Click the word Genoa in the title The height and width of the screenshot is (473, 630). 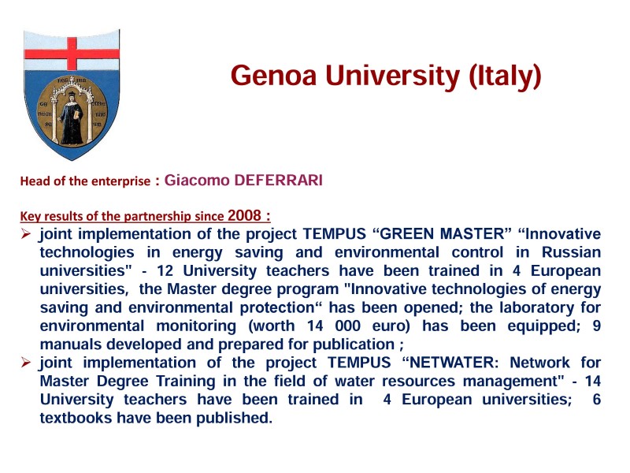tap(273, 75)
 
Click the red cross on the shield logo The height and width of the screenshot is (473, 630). tap(72, 54)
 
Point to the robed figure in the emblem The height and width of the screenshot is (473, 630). tap(72, 117)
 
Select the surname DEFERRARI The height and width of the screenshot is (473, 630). tap(278, 181)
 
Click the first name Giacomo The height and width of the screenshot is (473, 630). tap(196, 181)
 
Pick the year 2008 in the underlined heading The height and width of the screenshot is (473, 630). tap(244, 215)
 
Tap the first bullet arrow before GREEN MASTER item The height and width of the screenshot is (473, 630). tap(26, 233)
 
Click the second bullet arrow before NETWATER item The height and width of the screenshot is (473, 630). tap(26, 363)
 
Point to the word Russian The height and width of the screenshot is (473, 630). tap(571, 252)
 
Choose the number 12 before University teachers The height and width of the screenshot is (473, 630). tap(165, 270)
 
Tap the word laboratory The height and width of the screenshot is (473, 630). tap(536, 307)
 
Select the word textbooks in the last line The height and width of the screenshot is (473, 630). tap(76, 418)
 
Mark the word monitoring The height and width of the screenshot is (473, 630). tap(196, 326)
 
